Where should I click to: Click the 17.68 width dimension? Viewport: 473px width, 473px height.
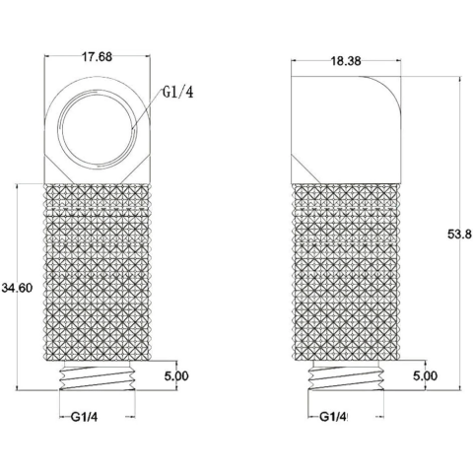point(97,57)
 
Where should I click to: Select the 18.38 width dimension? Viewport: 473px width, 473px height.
point(346,61)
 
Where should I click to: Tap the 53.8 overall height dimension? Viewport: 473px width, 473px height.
point(459,235)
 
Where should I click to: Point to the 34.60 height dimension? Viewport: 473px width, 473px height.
point(17,288)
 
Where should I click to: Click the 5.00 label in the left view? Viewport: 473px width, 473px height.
point(176,375)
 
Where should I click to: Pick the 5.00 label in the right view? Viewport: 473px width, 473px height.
point(425,375)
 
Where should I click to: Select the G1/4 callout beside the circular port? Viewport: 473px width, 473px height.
point(177,93)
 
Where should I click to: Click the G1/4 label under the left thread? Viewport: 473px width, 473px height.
point(85,417)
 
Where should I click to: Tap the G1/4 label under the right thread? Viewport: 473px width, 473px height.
point(333,417)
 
